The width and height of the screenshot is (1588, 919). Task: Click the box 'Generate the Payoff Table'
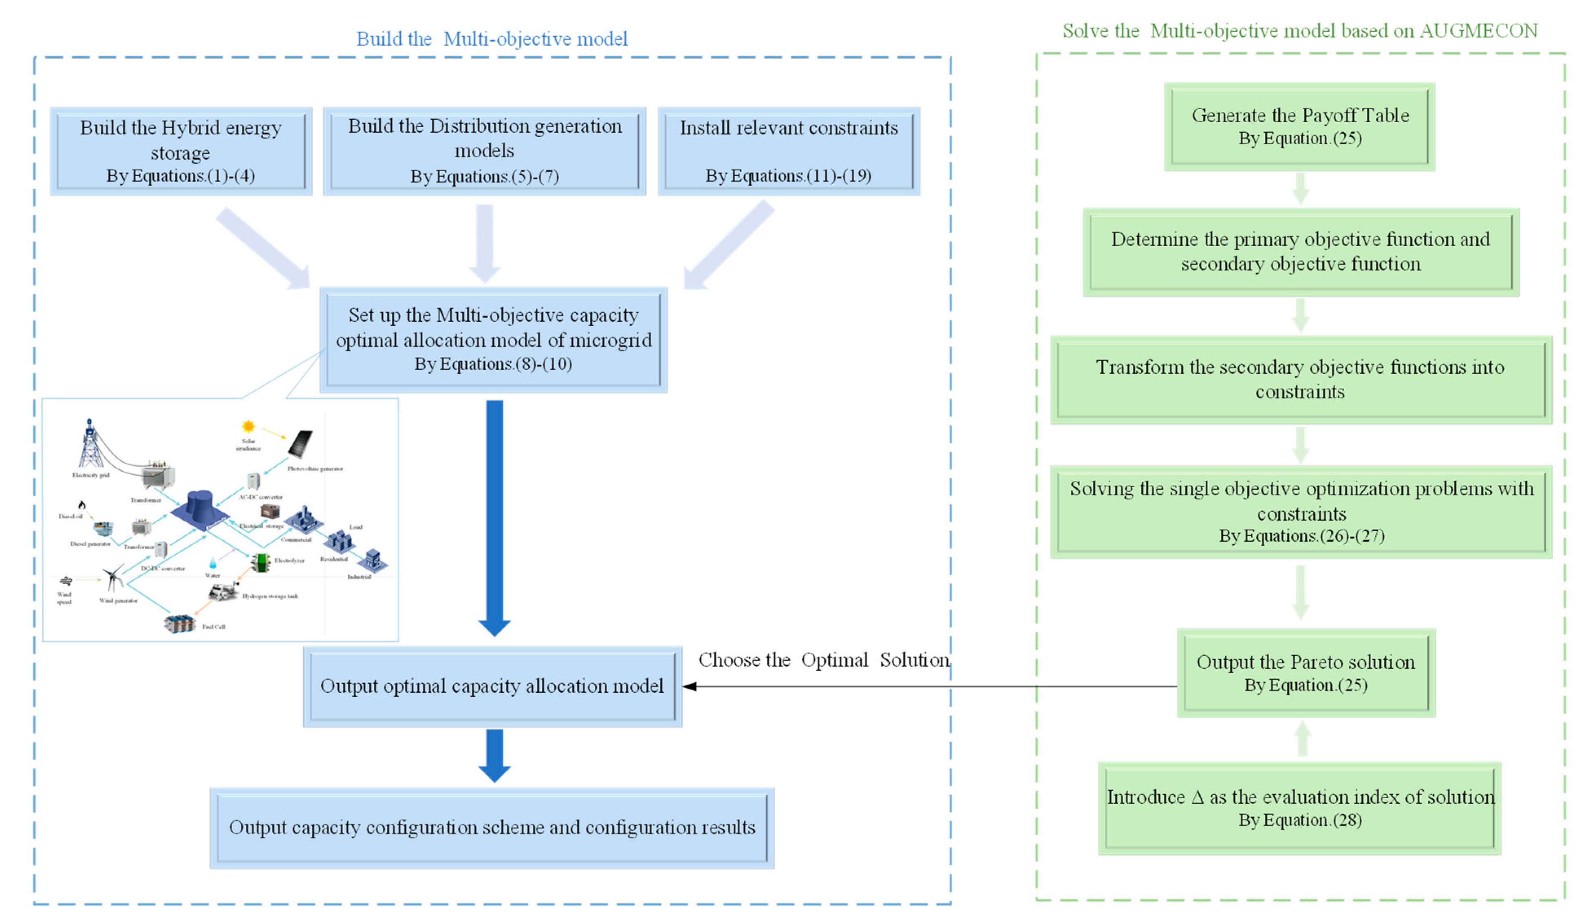pos(1299,126)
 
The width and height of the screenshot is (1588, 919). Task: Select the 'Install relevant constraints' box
pos(788,151)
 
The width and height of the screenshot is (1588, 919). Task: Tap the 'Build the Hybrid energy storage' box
pos(181,151)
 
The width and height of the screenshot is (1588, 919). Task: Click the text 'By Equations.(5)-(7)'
pos(485,177)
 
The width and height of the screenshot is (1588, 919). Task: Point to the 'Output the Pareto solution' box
pos(1306,673)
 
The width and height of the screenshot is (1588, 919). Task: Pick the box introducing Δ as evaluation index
pos(1299,808)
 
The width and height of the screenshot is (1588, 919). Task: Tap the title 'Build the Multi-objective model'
pos(492,39)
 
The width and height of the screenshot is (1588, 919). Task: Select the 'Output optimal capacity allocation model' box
pos(492,686)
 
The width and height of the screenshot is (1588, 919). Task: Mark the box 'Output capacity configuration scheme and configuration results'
pos(492,828)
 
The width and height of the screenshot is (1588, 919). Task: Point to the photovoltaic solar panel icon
pos(300,444)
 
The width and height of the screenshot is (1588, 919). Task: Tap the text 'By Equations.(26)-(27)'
pos(1301,536)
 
